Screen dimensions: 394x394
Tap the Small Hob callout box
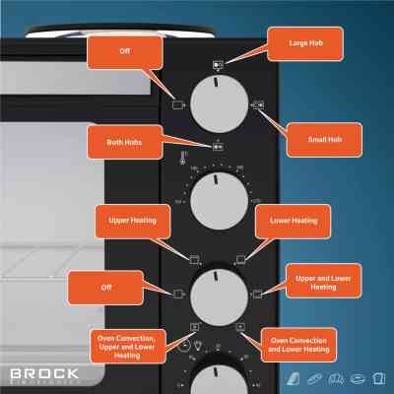point(322,139)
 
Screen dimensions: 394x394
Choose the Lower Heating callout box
point(293,222)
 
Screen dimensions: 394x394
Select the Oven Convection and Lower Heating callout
point(299,345)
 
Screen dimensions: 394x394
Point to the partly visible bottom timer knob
point(220,379)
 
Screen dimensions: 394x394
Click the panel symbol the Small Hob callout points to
point(258,103)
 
